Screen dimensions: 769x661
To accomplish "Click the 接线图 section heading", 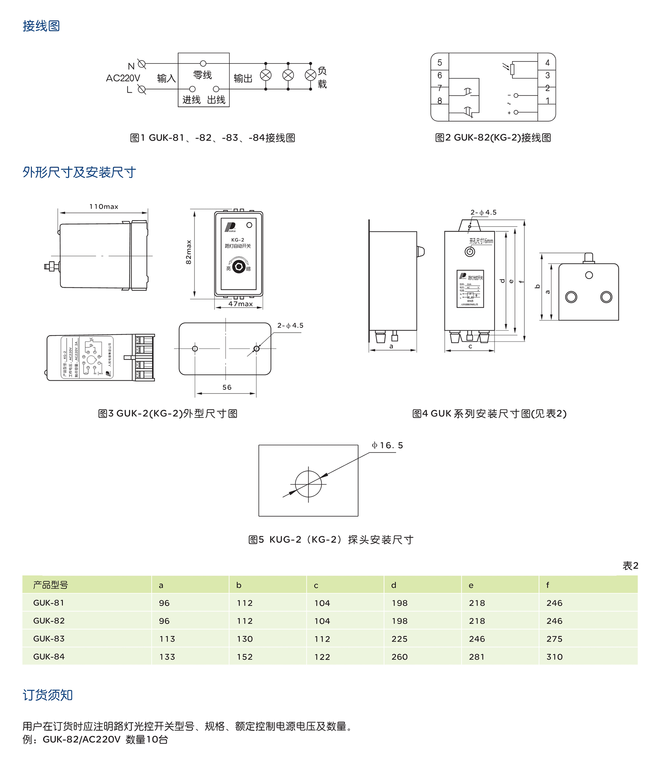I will point(41,26).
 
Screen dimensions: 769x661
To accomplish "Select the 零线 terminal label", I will point(202,75).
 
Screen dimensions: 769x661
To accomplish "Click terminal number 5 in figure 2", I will point(440,63).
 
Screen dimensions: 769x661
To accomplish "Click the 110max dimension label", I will point(103,207).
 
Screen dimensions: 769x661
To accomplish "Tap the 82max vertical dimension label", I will point(188,252).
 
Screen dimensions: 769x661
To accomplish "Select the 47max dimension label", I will point(240,304).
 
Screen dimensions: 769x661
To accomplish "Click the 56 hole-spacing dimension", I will point(227,387).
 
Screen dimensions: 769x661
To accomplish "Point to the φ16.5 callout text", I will point(387,445).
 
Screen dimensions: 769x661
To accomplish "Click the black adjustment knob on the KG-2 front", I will point(239,267).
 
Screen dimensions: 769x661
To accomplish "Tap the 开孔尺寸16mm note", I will point(481,241).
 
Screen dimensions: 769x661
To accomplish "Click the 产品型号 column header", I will point(51,585).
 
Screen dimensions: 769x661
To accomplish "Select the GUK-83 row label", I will point(49,639).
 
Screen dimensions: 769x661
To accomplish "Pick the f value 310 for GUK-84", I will point(554,657).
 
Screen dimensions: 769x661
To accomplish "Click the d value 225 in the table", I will point(400,639).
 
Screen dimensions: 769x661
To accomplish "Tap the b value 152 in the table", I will point(245,657).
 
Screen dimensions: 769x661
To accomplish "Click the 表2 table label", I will point(630,566).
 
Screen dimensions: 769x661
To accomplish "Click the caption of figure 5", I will point(330,540).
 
